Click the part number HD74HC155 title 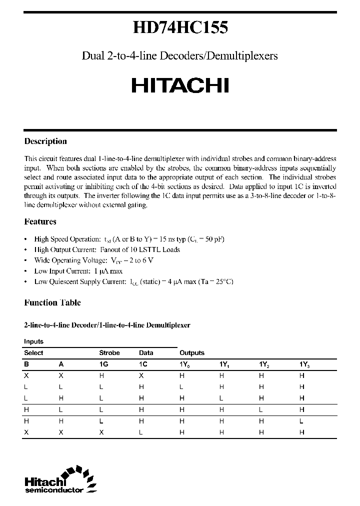pyautogui.click(x=180, y=28)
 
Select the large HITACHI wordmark pyautogui.click(x=180, y=85)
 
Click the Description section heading pyautogui.click(x=45, y=141)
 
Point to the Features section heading pyautogui.click(x=40, y=221)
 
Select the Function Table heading pyautogui.click(x=52, y=302)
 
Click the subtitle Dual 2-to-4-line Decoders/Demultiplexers pyautogui.click(x=179, y=56)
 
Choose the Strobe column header pyautogui.click(x=109, y=352)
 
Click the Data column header pyautogui.click(x=146, y=352)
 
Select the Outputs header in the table pyautogui.click(x=192, y=352)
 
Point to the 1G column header pyautogui.click(x=104, y=365)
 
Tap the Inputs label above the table pyautogui.click(x=34, y=341)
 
